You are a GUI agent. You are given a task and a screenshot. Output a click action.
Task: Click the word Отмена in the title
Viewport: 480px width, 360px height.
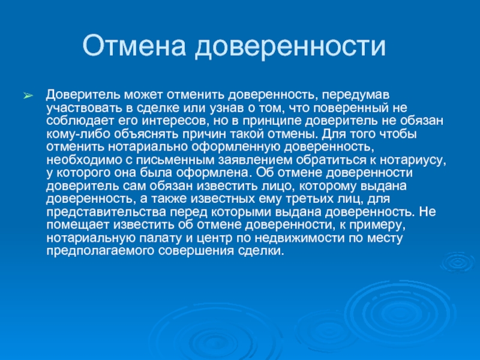coord(134,46)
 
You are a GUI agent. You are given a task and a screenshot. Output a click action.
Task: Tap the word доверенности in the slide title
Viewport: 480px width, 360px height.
coord(290,46)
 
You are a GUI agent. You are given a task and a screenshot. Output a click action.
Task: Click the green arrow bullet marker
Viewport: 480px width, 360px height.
coord(28,95)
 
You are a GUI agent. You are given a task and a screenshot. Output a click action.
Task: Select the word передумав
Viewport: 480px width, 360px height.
coord(355,95)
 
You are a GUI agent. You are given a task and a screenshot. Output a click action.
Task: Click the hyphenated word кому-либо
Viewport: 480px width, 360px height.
coord(79,134)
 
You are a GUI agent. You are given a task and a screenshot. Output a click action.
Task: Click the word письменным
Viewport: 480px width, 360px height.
coord(175,160)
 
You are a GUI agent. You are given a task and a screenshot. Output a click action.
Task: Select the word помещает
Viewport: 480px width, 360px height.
coord(78,225)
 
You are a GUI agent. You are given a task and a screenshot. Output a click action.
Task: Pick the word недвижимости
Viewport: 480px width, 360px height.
coord(299,238)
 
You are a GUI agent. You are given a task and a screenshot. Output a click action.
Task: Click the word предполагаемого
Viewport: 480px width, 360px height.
coord(100,251)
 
